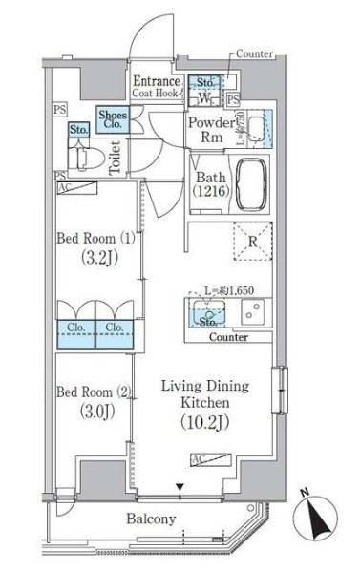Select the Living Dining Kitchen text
click(x=203, y=394)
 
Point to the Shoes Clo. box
click(x=112, y=119)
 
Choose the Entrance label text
click(x=156, y=81)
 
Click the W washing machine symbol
click(x=204, y=98)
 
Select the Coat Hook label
click(x=156, y=94)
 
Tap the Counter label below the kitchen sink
click(x=226, y=337)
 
